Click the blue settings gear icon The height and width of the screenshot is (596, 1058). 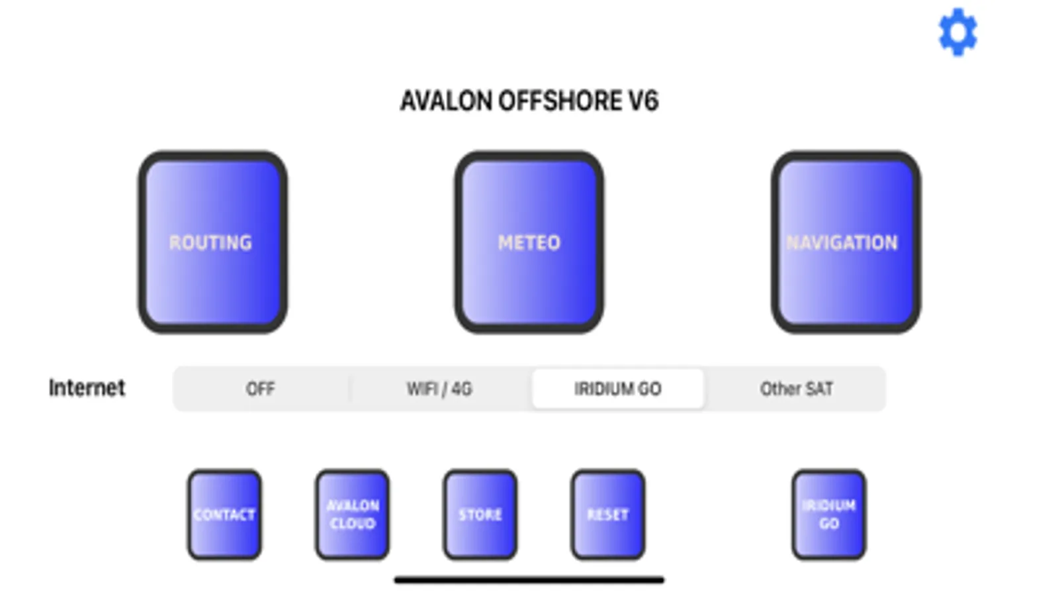click(957, 32)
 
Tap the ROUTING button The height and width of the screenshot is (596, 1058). click(212, 242)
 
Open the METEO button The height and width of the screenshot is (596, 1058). click(529, 242)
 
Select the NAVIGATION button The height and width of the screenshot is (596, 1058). click(846, 242)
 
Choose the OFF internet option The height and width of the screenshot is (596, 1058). click(260, 389)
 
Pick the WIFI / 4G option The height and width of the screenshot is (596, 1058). click(440, 389)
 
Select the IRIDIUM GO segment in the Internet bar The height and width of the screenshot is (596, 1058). click(618, 389)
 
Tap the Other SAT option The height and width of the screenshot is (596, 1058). click(797, 389)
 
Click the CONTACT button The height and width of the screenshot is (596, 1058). click(224, 515)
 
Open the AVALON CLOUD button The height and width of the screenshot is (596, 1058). click(353, 515)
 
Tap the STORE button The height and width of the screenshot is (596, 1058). click(480, 515)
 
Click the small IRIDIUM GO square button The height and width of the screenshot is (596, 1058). click(829, 515)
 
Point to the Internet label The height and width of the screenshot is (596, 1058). click(87, 388)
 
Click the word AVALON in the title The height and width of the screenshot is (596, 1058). click(447, 101)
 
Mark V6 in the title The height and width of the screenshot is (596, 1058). click(643, 101)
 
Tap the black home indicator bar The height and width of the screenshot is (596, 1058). click(529, 580)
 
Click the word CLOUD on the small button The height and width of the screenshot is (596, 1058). click(353, 524)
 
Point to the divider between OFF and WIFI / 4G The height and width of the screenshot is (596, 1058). click(350, 389)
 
